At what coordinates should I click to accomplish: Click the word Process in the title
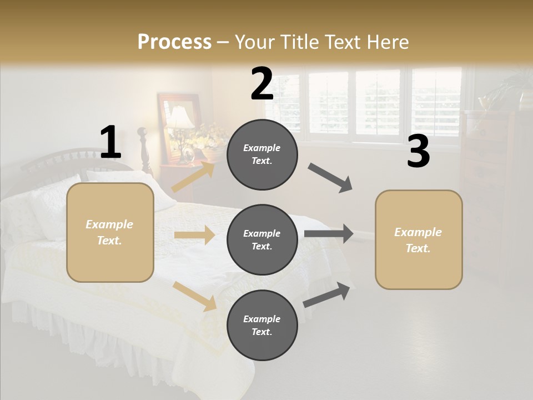[x=174, y=42]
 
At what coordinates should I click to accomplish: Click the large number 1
[x=110, y=143]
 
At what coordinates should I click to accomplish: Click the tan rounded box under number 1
[x=110, y=232]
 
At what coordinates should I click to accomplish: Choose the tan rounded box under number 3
[x=419, y=239]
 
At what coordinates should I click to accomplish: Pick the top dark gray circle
[x=262, y=154]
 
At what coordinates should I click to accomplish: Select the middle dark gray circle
[x=262, y=239]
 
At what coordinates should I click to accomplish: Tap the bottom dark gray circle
[x=262, y=325]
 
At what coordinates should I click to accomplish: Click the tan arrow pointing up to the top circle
[x=193, y=177]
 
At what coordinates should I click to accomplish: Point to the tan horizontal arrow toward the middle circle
[x=194, y=235]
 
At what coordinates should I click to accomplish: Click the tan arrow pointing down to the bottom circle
[x=194, y=296]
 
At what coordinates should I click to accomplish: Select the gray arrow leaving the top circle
[x=330, y=178]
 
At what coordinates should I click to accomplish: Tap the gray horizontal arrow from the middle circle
[x=329, y=234]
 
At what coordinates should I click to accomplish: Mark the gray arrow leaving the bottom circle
[x=327, y=294]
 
